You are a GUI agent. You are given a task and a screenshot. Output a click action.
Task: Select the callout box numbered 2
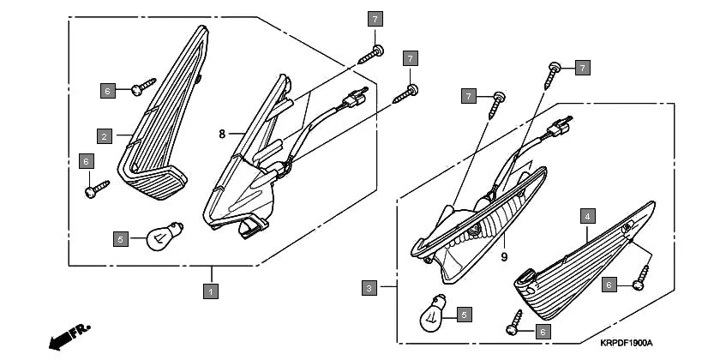(x=104, y=135)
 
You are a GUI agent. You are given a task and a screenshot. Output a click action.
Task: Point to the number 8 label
(x=221, y=134)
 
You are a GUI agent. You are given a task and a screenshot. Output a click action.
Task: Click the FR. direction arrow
(x=69, y=336)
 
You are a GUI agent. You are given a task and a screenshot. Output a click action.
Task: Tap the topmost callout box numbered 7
(x=375, y=19)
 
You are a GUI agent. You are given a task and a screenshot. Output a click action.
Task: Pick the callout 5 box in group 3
(x=464, y=315)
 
